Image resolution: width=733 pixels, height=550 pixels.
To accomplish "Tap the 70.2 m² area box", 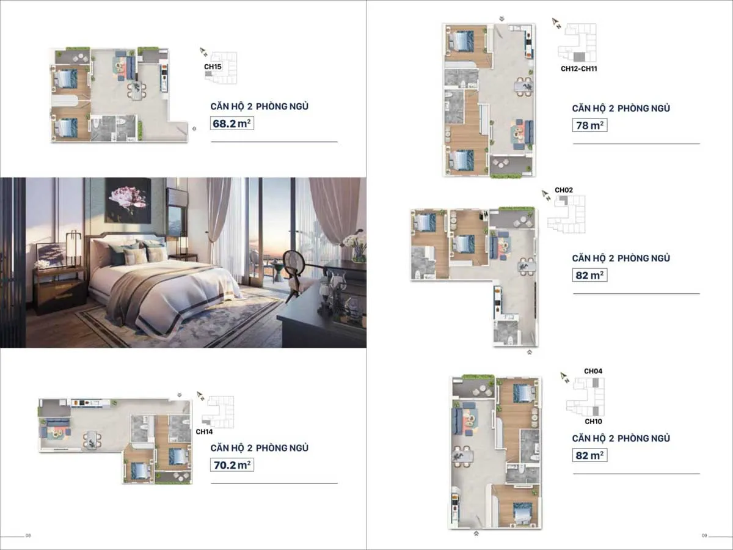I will pyautogui.click(x=232, y=465).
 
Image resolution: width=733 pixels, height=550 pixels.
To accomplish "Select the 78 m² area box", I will pyautogui.click(x=589, y=125).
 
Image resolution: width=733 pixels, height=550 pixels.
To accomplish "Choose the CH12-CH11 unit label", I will pyautogui.click(x=578, y=69).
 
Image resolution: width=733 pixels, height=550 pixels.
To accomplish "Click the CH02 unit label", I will pyautogui.click(x=563, y=190).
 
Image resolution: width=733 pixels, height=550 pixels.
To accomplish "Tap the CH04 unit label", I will pyautogui.click(x=593, y=371).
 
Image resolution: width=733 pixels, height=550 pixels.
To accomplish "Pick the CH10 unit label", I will pyautogui.click(x=593, y=422).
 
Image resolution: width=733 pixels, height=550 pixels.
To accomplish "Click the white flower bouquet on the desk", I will pyautogui.click(x=355, y=242).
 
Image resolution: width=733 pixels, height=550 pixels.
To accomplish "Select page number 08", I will pyautogui.click(x=28, y=536).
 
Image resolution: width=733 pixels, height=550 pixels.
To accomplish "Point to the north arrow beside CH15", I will pyautogui.click(x=203, y=53).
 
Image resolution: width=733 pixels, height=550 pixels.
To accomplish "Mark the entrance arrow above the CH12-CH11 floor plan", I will pyautogui.click(x=501, y=18).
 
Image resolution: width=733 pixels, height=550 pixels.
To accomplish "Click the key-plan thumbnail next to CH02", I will pyautogui.click(x=566, y=214).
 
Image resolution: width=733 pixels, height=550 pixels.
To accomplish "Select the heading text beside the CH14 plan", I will pyautogui.click(x=259, y=448).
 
